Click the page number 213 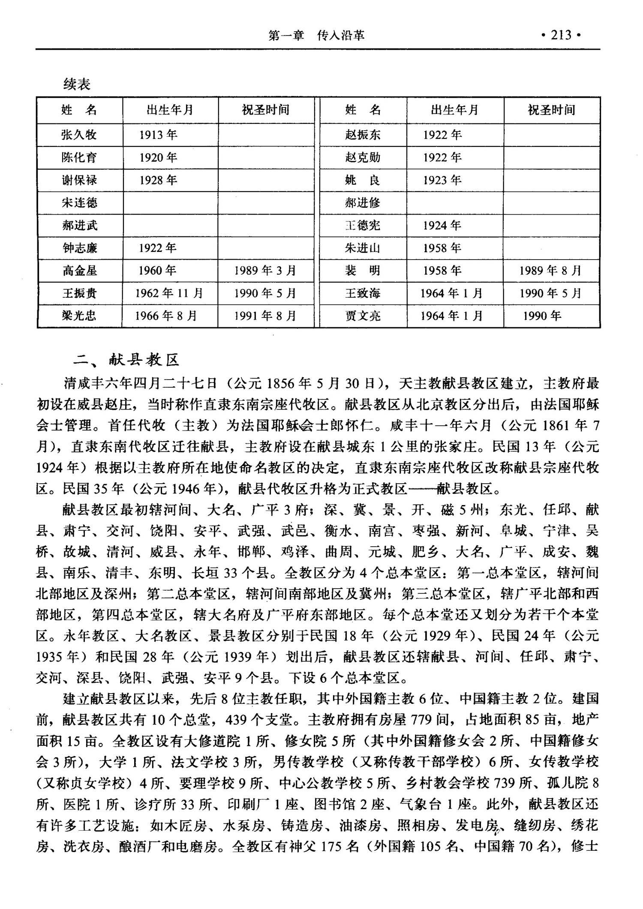coord(561,35)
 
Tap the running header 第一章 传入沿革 coord(316,35)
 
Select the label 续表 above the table coord(77,84)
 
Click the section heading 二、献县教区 coord(126,359)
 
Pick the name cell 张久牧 coord(79,135)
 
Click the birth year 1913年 coord(158,135)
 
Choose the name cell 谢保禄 coord(79,180)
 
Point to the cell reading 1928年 coord(158,180)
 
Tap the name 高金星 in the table coord(79,271)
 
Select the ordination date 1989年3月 coord(265,271)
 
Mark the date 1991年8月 coord(265,316)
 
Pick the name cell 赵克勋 coord(363,158)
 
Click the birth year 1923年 coord(442,180)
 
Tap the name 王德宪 coord(363,225)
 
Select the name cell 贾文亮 coord(363,316)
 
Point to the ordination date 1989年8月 coord(550,271)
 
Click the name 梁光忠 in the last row coord(79,316)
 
